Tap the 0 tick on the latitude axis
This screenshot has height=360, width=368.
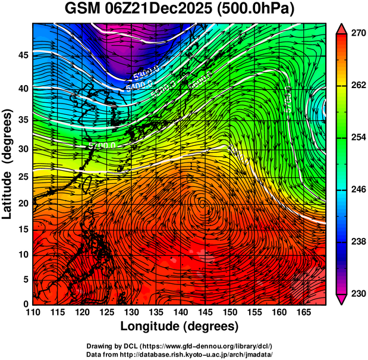point(25,304)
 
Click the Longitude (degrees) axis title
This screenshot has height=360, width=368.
point(180,327)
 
